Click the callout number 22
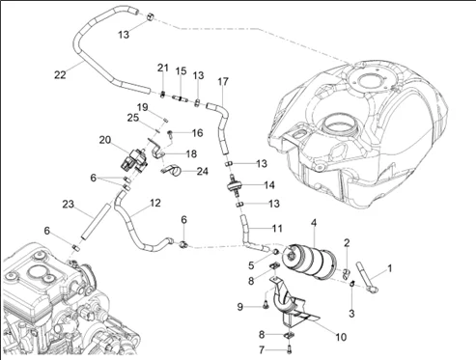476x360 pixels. coord(60,75)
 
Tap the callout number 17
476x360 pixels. coord(223,81)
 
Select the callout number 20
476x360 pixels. coord(105,140)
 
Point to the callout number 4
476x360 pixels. coord(314,222)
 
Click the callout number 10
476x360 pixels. coord(341,337)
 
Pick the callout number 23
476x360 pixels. coord(68,204)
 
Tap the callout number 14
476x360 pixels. coord(269,185)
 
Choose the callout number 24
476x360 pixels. coord(202,171)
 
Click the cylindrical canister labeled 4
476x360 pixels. coord(308,261)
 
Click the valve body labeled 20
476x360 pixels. coord(134,160)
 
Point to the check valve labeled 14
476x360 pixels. coord(235,185)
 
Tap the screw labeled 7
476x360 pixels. coord(289,348)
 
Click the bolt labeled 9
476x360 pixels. coord(266,304)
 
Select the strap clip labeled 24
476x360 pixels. coord(171,170)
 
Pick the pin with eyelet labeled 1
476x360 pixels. coord(367,277)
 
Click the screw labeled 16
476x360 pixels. coord(170,134)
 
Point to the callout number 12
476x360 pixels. coord(155,203)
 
